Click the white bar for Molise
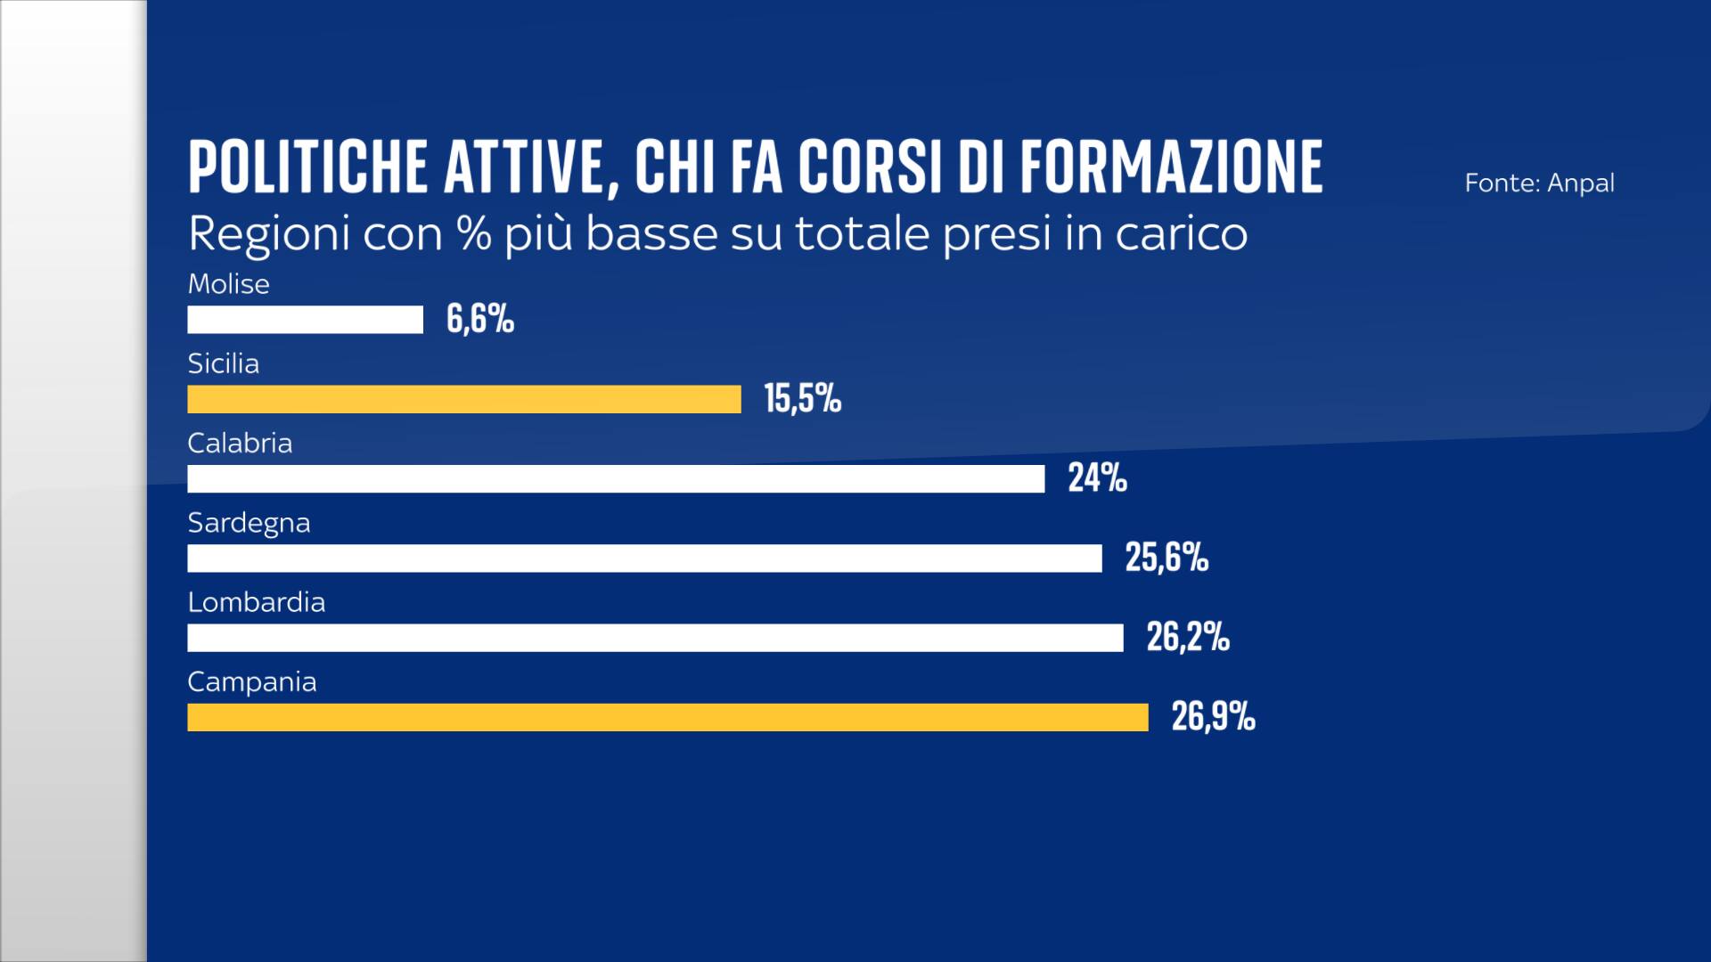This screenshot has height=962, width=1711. pyautogui.click(x=305, y=320)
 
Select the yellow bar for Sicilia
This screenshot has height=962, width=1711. pyautogui.click(x=463, y=399)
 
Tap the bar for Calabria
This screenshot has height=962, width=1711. pyautogui.click(x=615, y=478)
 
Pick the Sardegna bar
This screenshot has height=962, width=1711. pyautogui.click(x=644, y=558)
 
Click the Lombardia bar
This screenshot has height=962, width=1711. pyautogui.click(x=655, y=638)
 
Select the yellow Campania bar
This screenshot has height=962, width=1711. pyautogui.click(x=667, y=717)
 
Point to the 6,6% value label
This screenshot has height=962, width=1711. pyautogui.click(x=480, y=319)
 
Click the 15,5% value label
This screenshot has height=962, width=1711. pyautogui.click(x=802, y=398)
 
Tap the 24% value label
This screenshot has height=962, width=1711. pyautogui.click(x=1097, y=478)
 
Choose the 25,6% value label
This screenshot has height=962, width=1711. pyautogui.click(x=1167, y=558)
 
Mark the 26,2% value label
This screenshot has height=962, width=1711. pyautogui.click(x=1188, y=638)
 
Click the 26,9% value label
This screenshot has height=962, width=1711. pyautogui.click(x=1213, y=717)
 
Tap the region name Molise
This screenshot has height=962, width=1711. pyautogui.click(x=228, y=284)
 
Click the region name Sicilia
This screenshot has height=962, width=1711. pyautogui.click(x=223, y=363)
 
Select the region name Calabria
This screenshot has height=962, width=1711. pyautogui.click(x=240, y=444)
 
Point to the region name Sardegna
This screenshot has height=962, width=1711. pyautogui.click(x=249, y=523)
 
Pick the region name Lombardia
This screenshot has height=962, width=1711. pyautogui.click(x=256, y=603)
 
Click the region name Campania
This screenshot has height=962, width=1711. pyautogui.click(x=251, y=682)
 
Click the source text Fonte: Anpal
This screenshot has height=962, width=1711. pyautogui.click(x=1539, y=183)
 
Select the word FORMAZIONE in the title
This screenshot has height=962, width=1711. pyautogui.click(x=1171, y=167)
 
